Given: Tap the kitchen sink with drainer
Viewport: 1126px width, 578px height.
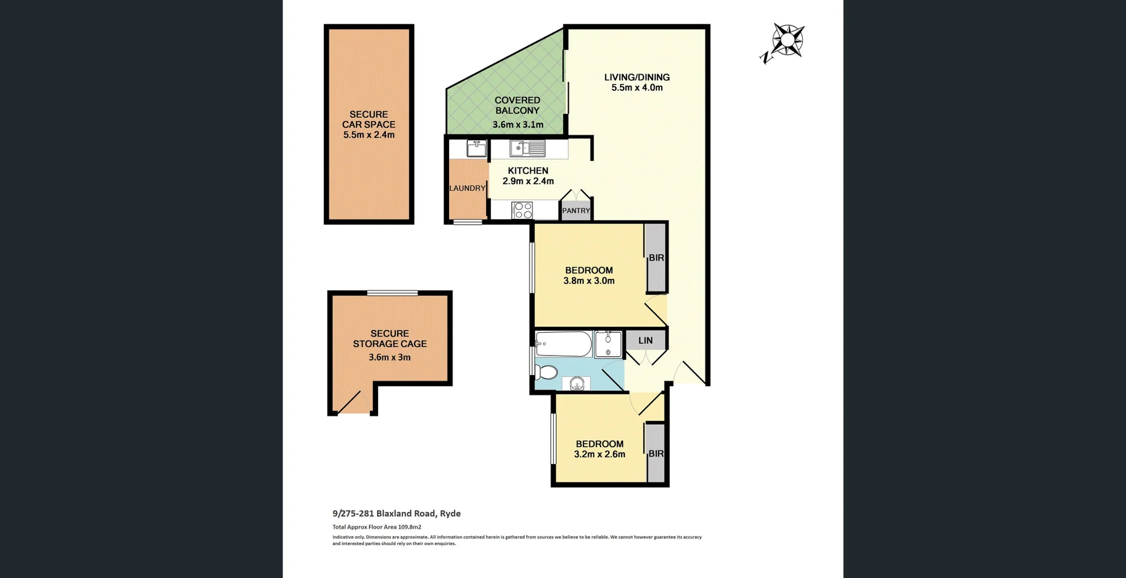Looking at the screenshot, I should pos(527,148).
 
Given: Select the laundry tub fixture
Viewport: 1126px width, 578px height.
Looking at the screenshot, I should pos(476,148).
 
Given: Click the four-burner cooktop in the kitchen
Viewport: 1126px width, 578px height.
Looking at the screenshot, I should pos(522,210).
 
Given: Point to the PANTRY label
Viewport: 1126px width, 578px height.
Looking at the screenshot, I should pos(576,211).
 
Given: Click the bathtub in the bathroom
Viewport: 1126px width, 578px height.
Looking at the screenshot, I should pos(564,344).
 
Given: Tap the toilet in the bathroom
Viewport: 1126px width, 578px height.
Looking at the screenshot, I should pos(547,373).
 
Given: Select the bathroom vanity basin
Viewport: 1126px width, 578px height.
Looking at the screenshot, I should pos(577,384).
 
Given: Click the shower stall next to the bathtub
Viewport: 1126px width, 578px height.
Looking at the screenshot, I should pos(608,344).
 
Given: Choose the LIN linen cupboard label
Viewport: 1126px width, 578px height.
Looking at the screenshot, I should pos(645,340).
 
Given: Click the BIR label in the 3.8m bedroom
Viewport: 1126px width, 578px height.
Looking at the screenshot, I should pos(656,258).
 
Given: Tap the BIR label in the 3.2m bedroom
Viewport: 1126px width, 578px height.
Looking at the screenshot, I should pos(656,454).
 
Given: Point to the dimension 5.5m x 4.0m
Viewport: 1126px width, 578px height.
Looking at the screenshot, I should pos(637,88).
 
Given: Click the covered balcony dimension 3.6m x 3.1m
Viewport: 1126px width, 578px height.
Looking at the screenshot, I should pos(518,124).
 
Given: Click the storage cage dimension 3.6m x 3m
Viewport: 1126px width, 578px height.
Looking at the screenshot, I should pos(389,357).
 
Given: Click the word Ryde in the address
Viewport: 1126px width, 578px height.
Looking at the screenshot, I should pos(450,513).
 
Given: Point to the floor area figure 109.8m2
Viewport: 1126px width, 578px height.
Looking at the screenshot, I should pos(409,527).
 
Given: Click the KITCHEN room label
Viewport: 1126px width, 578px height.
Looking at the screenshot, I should pos(528,171).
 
